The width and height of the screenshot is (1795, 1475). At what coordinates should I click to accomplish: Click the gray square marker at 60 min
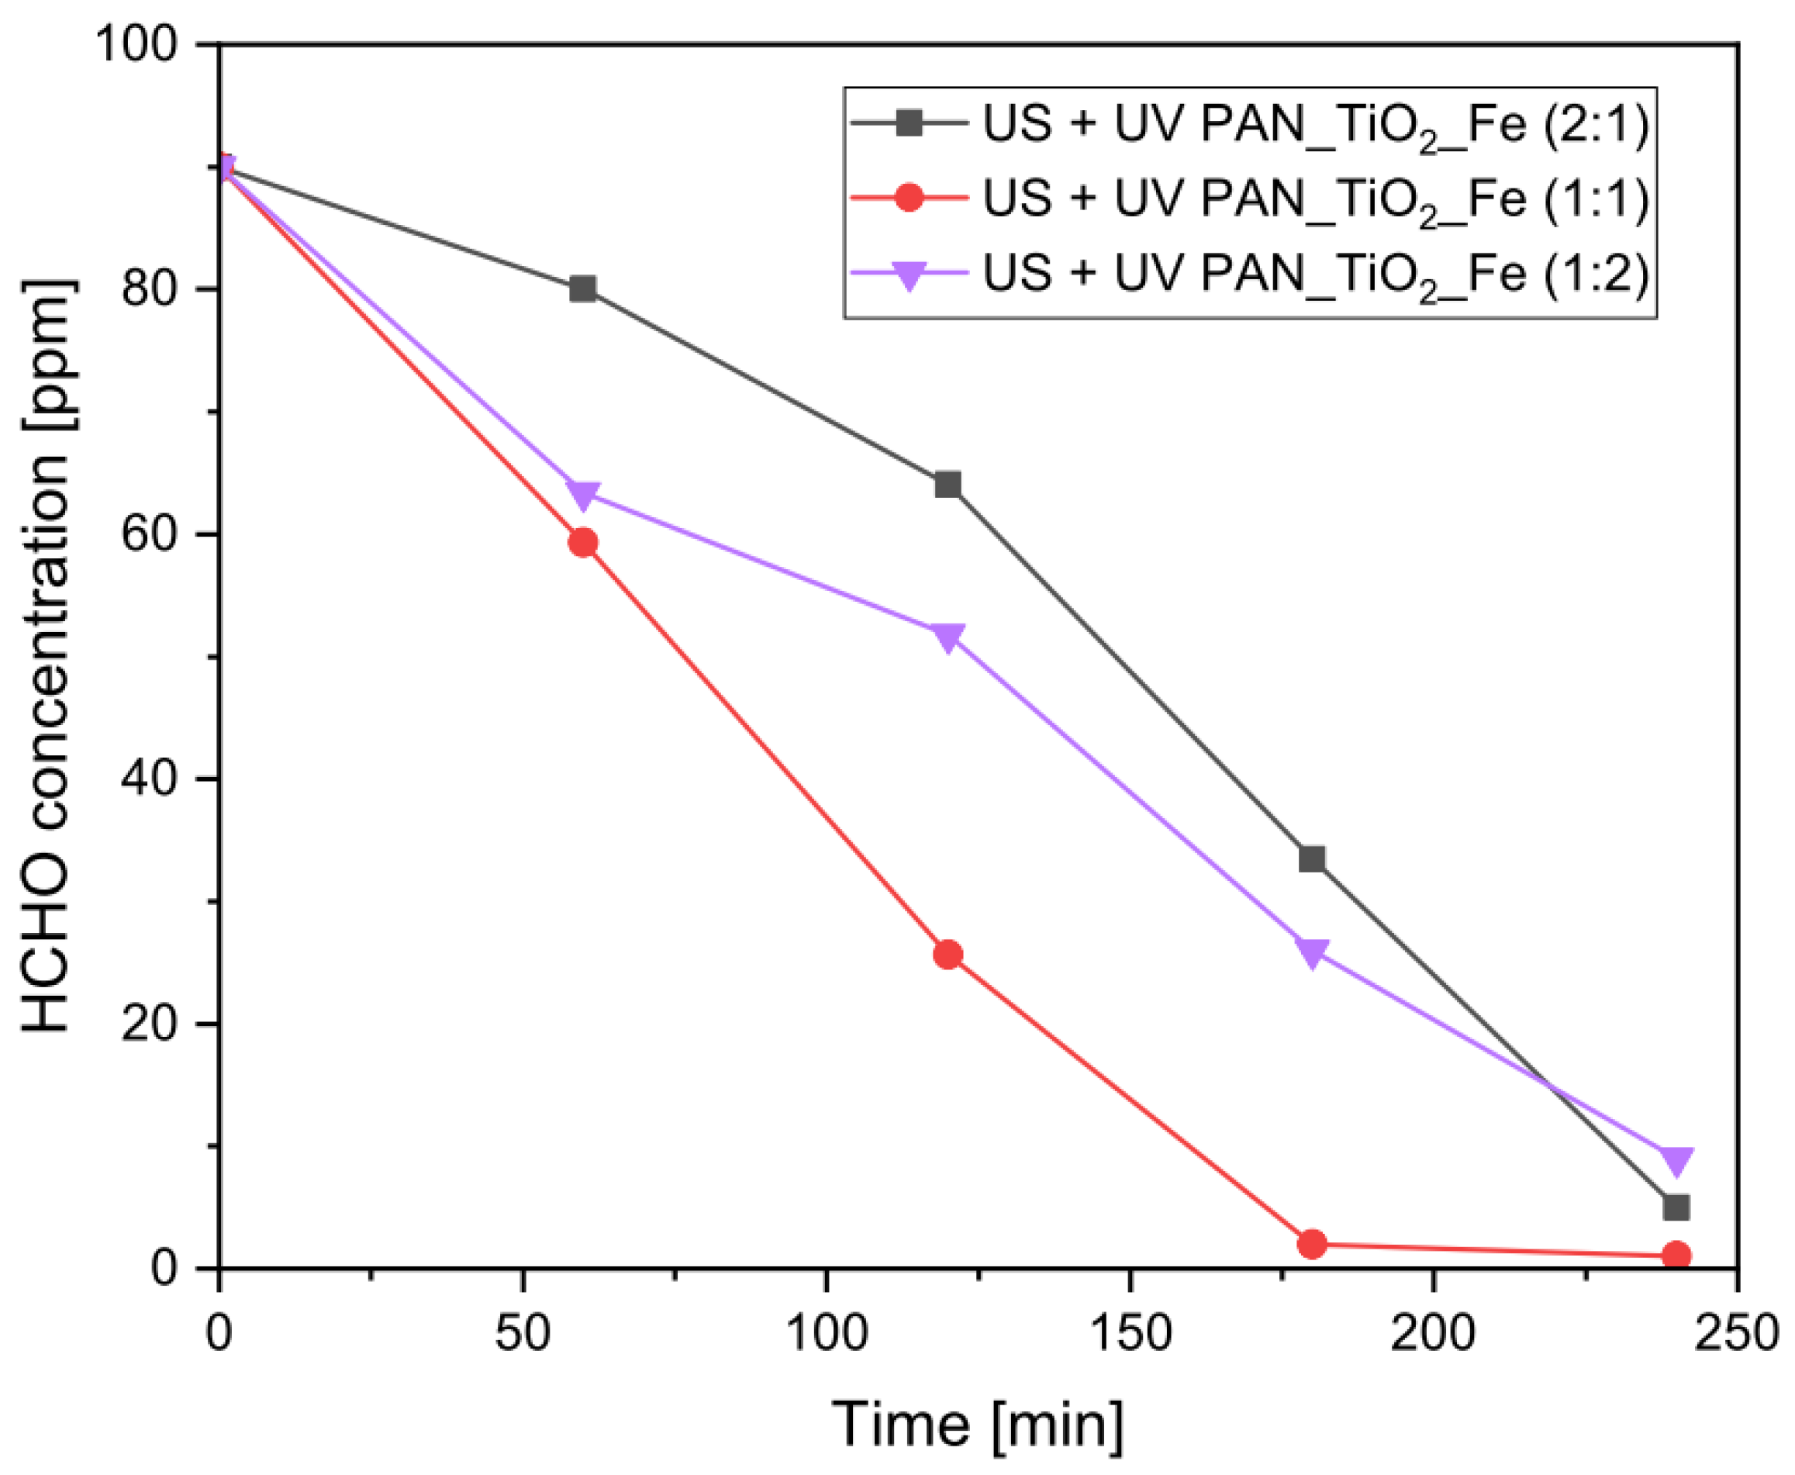pyautogui.click(x=583, y=289)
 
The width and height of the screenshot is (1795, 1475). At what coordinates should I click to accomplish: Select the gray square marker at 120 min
pyautogui.click(x=948, y=485)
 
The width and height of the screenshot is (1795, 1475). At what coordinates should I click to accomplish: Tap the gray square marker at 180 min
pyautogui.click(x=1312, y=859)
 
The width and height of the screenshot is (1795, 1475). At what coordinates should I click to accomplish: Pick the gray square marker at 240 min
pyautogui.click(x=1676, y=1207)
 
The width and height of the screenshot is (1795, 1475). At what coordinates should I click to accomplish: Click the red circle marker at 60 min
pyautogui.click(x=583, y=542)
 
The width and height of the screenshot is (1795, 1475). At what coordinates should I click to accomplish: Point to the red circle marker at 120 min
pyautogui.click(x=948, y=955)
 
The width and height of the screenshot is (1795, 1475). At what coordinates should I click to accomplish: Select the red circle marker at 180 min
pyautogui.click(x=1312, y=1245)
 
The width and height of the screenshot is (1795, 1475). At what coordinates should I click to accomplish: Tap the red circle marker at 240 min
pyautogui.click(x=1676, y=1255)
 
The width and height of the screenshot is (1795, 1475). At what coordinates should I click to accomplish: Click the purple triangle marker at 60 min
pyautogui.click(x=583, y=494)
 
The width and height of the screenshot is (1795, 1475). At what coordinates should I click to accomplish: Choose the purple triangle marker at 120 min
pyautogui.click(x=948, y=637)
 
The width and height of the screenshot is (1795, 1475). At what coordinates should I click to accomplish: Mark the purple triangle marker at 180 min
pyautogui.click(x=1312, y=952)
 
